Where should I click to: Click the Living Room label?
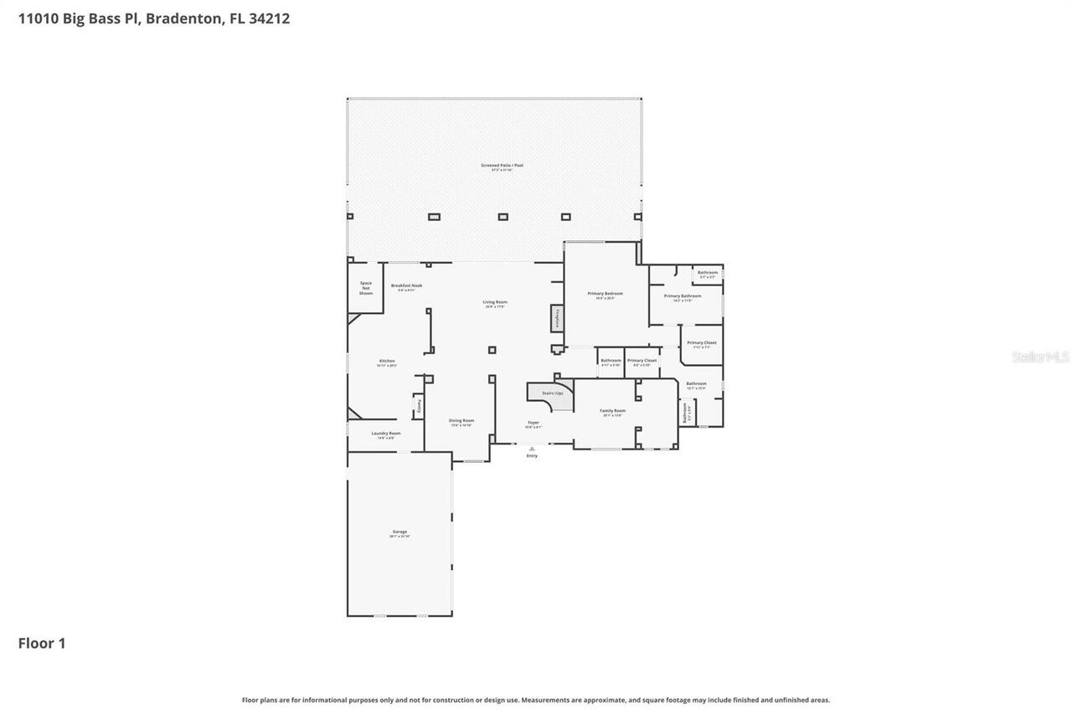(495, 302)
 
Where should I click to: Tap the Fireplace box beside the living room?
(557, 318)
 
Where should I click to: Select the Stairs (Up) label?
(553, 393)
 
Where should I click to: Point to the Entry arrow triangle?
(532, 449)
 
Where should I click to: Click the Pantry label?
(419, 407)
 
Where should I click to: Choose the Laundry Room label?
(386, 434)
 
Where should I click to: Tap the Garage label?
(399, 532)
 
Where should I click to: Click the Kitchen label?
(386, 361)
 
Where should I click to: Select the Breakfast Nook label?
(406, 285)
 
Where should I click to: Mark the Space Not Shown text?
(366, 288)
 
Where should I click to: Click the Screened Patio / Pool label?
(502, 165)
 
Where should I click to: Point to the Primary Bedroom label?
(605, 293)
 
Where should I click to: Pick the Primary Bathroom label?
(683, 295)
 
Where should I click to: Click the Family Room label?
(612, 410)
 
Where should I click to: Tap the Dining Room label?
(461, 420)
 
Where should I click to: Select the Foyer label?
(533, 423)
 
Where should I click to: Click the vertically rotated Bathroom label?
(684, 412)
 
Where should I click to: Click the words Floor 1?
(42, 643)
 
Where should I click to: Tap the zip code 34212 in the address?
(269, 18)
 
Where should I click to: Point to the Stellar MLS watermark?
(1040, 357)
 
